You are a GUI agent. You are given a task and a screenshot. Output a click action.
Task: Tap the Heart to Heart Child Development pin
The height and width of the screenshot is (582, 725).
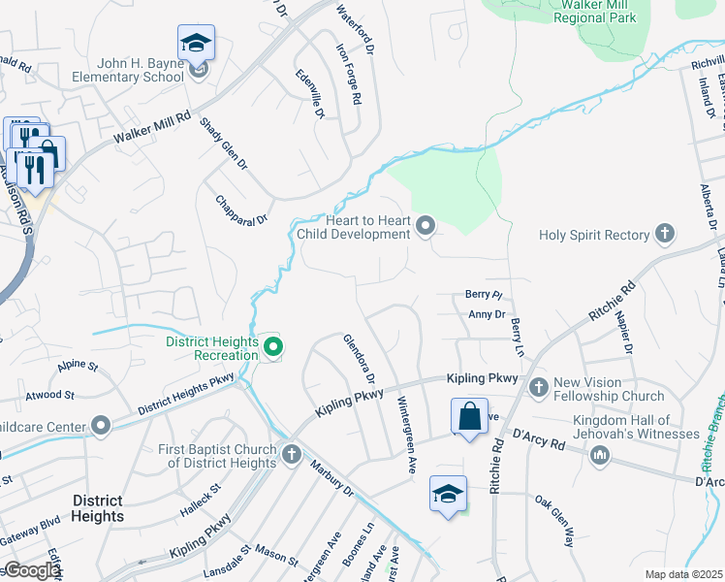pyautogui.click(x=425, y=227)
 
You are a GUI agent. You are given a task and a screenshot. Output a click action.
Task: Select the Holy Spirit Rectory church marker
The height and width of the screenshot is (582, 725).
pyautogui.click(x=664, y=234)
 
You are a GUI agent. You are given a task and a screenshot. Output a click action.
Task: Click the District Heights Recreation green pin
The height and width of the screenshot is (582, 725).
pyautogui.click(x=273, y=345)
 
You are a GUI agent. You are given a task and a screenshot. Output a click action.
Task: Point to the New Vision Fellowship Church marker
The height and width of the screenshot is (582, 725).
pyautogui.click(x=540, y=387)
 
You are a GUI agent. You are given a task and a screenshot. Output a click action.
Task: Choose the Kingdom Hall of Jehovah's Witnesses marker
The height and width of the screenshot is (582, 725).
pyautogui.click(x=601, y=454)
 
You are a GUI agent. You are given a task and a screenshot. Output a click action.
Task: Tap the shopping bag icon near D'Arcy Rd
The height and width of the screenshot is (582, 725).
pyautogui.click(x=469, y=417)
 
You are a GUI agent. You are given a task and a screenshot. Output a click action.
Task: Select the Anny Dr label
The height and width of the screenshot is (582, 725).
pyautogui.click(x=487, y=314)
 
